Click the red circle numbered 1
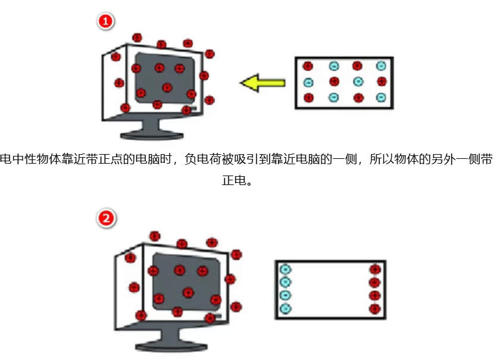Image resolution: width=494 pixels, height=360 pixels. pyautogui.click(x=105, y=21)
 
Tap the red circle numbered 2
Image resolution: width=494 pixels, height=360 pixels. pyautogui.click(x=106, y=218)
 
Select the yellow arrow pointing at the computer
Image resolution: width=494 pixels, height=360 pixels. pyautogui.click(x=262, y=83)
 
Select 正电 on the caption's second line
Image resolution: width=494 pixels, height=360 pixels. pyautogui.click(x=234, y=180)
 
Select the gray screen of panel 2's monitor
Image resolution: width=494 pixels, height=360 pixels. pyautogui.click(x=186, y=281)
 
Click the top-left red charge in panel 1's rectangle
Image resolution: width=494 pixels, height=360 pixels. pyautogui.click(x=308, y=66)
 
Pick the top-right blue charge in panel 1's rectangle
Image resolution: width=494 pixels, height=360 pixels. pyautogui.click(x=381, y=66)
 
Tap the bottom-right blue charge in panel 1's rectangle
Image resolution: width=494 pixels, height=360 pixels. pyautogui.click(x=381, y=98)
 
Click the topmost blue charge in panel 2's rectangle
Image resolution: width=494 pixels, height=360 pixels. pyautogui.click(x=286, y=270)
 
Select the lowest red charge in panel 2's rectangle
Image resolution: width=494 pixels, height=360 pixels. pyautogui.click(x=375, y=309)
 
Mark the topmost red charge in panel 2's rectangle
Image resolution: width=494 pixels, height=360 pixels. pyautogui.click(x=375, y=270)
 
